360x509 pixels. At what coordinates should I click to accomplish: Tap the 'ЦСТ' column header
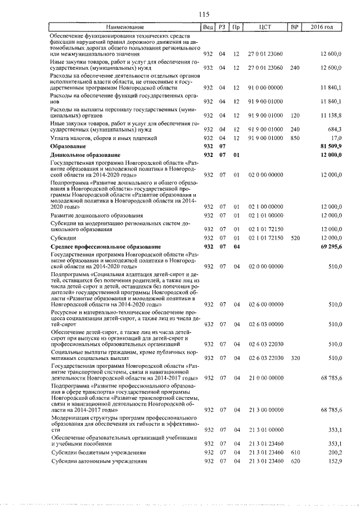(266, 27)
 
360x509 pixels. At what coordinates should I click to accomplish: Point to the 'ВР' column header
(294, 27)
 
